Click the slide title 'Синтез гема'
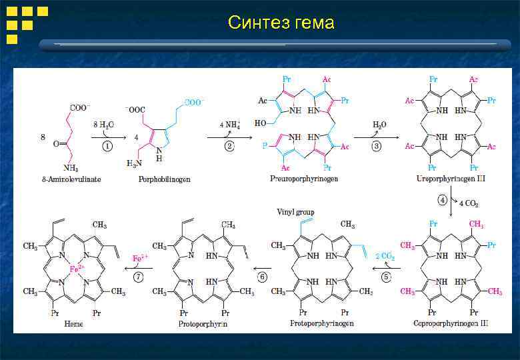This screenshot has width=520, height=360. pyautogui.click(x=281, y=23)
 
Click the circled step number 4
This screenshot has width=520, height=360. pyautogui.click(x=441, y=199)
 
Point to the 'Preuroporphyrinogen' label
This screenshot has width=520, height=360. pyautogui.click(x=303, y=180)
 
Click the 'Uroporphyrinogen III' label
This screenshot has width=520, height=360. pyautogui.click(x=451, y=180)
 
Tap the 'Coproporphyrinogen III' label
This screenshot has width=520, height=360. pyautogui.click(x=449, y=323)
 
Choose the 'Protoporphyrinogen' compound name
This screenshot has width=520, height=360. pyautogui.click(x=322, y=323)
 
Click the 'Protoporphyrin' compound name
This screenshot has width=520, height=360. pyautogui.click(x=203, y=323)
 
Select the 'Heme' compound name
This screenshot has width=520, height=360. pyautogui.click(x=73, y=323)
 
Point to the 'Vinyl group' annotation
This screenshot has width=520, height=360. pyautogui.click(x=295, y=212)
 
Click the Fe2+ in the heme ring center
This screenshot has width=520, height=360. pyautogui.click(x=76, y=269)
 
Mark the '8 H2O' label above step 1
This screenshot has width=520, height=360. pyautogui.click(x=104, y=125)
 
